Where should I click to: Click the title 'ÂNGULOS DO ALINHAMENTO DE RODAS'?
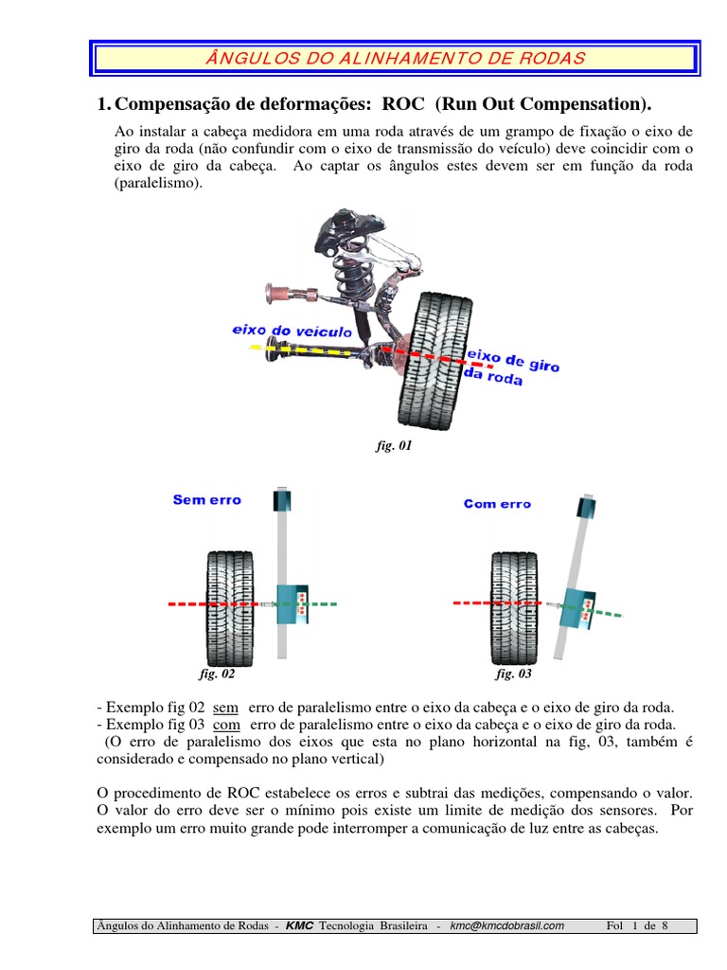pyautogui.click(x=395, y=58)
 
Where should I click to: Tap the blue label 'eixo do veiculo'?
pyautogui.click(x=291, y=332)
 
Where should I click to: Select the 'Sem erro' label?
pyautogui.click(x=206, y=499)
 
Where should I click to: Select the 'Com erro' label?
pyautogui.click(x=497, y=504)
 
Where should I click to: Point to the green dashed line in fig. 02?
pyautogui.click(x=318, y=603)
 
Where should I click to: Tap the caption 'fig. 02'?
pyautogui.click(x=217, y=674)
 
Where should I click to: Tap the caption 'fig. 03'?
pyautogui.click(x=513, y=674)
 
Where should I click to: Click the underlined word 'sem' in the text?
pyautogui.click(x=225, y=707)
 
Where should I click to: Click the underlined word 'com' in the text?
pyautogui.click(x=226, y=724)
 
